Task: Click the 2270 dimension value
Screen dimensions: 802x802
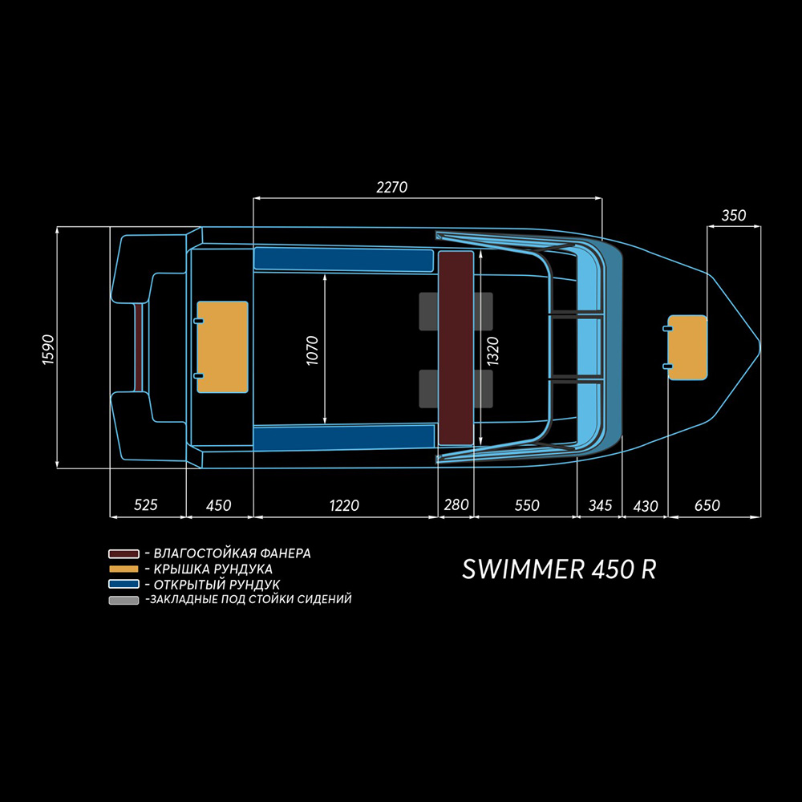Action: click(392, 188)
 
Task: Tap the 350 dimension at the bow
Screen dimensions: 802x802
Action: click(734, 216)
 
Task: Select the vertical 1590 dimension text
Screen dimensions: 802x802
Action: click(47, 347)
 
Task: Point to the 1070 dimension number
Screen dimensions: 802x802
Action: click(313, 350)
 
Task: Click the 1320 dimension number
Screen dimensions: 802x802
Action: click(493, 350)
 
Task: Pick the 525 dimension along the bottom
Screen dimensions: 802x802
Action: click(146, 505)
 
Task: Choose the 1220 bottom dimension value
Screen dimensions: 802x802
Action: click(344, 505)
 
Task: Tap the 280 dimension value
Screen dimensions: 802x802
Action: click(456, 505)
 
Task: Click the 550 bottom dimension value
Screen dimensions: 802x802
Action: click(527, 505)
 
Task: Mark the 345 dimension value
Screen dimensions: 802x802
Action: click(600, 505)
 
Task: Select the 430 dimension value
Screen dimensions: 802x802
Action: click(646, 506)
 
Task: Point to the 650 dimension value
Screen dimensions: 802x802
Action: click(707, 505)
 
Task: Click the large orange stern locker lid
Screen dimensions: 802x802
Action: click(223, 347)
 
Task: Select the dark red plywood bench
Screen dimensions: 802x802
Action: click(456, 347)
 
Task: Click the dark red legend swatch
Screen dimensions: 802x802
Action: click(124, 554)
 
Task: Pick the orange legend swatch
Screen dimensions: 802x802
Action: click(124, 569)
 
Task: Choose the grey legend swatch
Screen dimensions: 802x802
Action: click(124, 600)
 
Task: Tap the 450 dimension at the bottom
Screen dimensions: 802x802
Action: click(218, 505)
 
